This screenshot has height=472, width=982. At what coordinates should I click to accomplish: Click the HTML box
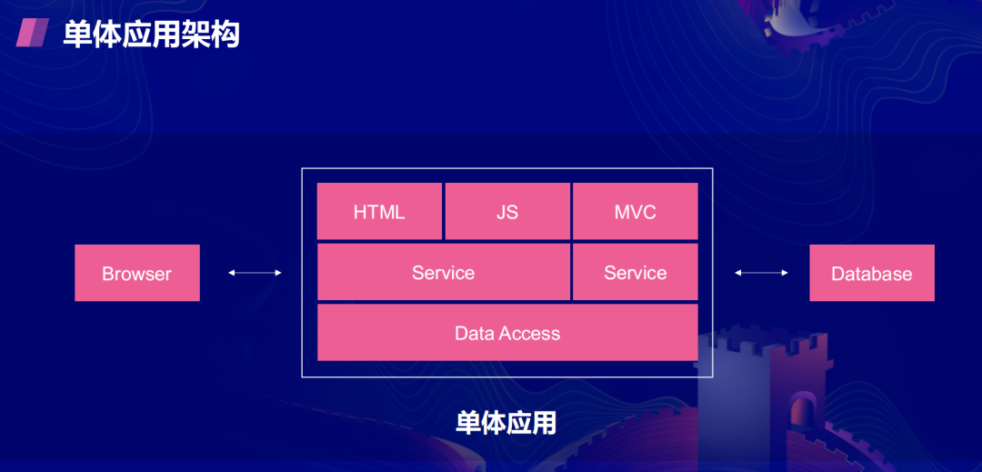379,211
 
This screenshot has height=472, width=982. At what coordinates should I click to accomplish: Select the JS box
507,211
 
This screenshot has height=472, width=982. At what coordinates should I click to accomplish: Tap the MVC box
635,211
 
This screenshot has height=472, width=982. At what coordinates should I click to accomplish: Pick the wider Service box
444,272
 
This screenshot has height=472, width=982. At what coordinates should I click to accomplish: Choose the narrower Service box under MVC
635,272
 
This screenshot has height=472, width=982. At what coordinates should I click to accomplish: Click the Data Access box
507,333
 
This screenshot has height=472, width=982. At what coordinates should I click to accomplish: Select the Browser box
137,273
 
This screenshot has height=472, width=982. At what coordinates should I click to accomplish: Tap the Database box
872,273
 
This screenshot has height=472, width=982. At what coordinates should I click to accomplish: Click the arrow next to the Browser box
255,272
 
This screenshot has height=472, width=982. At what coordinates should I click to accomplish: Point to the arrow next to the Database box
761,272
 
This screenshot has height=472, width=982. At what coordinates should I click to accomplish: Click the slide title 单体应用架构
151,35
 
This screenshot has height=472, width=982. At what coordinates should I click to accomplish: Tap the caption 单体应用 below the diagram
506,423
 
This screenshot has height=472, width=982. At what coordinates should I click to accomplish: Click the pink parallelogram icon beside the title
33,32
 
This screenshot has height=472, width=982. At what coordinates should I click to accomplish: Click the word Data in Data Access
470,333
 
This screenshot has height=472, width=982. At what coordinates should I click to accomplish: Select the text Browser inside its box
136,274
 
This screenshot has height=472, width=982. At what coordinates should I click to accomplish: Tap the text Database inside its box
872,274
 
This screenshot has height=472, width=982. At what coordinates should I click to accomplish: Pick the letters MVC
635,212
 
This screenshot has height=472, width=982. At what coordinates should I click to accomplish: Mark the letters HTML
379,212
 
